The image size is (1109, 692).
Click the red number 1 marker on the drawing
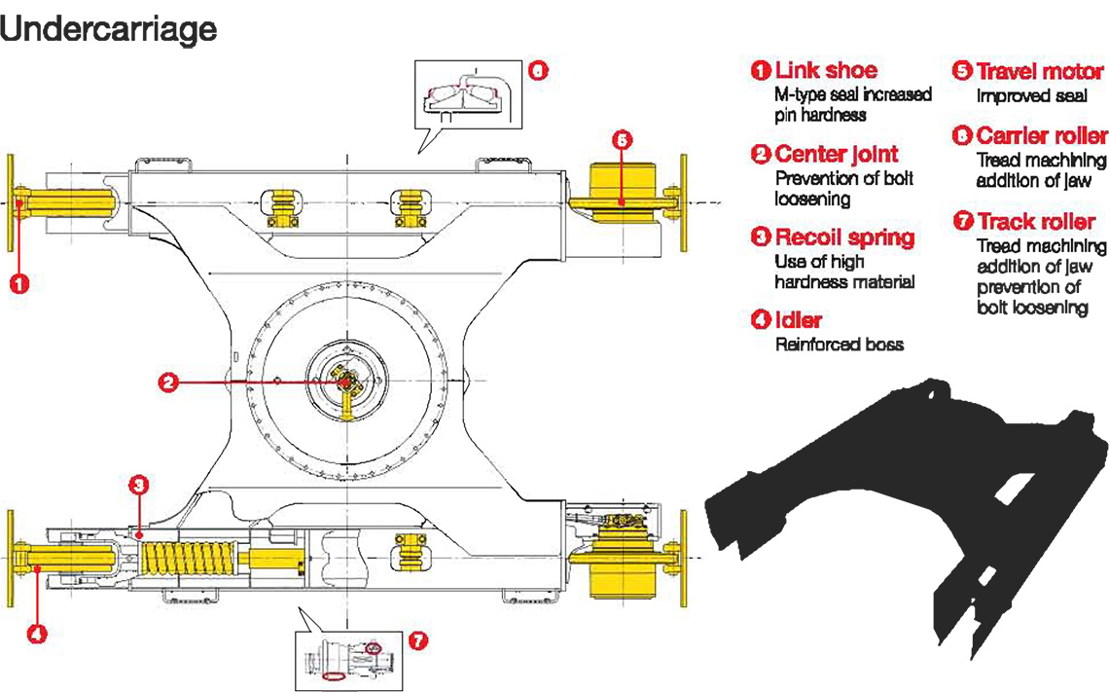click(x=19, y=284)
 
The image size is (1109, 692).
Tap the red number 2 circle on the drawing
click(x=167, y=383)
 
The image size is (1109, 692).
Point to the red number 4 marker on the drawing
click(x=36, y=634)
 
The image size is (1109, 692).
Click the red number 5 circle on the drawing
click(x=622, y=139)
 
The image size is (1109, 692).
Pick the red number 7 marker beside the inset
click(x=417, y=640)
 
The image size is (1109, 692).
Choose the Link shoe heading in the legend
click(x=826, y=70)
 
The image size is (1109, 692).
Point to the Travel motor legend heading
click(x=1039, y=71)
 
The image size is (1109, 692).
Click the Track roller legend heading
click(x=1035, y=222)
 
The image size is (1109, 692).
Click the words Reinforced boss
click(x=839, y=345)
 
